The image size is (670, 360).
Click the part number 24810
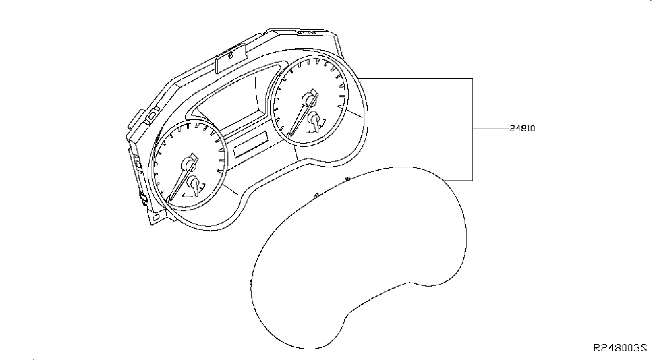522,129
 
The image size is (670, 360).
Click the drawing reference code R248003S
620,348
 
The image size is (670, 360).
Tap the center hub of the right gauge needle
308,99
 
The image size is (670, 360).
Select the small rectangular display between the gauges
251,145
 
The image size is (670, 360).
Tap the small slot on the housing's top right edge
307,33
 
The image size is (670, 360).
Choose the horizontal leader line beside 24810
491,129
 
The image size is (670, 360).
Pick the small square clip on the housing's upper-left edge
152,115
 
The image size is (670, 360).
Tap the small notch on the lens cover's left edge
251,283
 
